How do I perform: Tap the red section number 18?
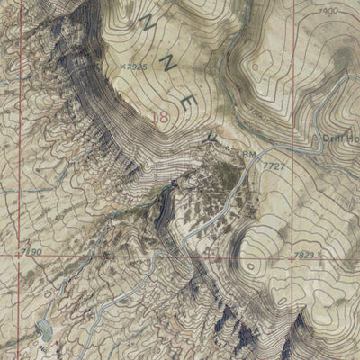point(162,116)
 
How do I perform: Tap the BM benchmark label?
point(247,155)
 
